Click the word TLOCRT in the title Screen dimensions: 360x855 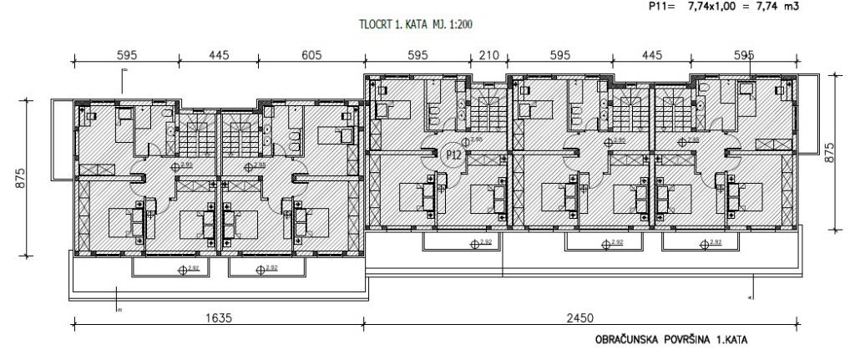373,26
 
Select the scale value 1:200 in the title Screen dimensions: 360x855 460,26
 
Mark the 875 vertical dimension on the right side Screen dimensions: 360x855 829,151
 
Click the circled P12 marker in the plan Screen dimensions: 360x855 454,155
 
